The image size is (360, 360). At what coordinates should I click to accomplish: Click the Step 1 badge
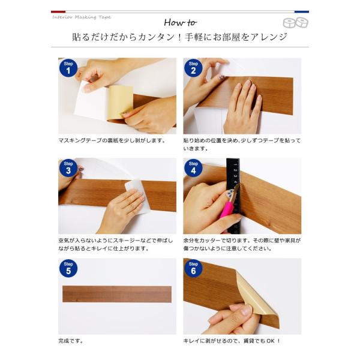(68, 69)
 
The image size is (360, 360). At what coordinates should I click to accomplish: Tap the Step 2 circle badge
(193, 69)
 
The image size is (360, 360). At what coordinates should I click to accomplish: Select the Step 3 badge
(68, 169)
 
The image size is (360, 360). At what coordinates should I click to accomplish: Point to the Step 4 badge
(193, 169)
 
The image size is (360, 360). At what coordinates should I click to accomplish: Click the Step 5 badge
(68, 269)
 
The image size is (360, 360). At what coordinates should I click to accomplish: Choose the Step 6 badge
(193, 269)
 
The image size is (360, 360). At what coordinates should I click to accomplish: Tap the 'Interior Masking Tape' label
(82, 17)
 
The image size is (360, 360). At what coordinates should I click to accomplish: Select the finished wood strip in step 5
(117, 294)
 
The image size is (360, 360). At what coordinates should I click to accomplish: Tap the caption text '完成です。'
(71, 341)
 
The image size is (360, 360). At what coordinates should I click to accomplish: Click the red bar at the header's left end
(58, 11)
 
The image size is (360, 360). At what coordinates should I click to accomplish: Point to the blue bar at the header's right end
(302, 11)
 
